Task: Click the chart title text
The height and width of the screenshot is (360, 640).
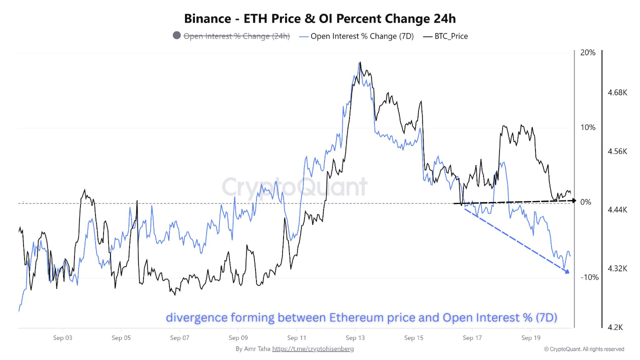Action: tap(320, 18)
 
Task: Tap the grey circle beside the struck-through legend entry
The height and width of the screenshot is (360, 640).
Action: tap(176, 35)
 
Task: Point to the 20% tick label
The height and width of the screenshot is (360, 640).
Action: tap(588, 52)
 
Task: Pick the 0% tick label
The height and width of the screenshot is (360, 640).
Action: tap(586, 202)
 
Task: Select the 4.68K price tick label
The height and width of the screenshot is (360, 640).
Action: tap(617, 92)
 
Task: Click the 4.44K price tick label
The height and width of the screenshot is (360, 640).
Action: tap(617, 210)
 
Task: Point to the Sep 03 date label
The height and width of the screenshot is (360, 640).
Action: tap(62, 338)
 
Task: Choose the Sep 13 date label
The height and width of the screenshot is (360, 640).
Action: tap(355, 338)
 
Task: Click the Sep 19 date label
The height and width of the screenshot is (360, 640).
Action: tap(530, 338)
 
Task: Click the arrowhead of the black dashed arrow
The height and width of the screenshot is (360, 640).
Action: tap(574, 200)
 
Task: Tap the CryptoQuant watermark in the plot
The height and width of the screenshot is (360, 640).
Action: tap(294, 187)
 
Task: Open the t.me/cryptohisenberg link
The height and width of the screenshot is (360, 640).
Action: tap(313, 348)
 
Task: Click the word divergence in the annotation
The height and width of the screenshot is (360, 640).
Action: tap(195, 317)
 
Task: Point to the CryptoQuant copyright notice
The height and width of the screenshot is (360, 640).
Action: tap(584, 349)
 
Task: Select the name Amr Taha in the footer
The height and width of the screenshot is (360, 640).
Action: tap(257, 348)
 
